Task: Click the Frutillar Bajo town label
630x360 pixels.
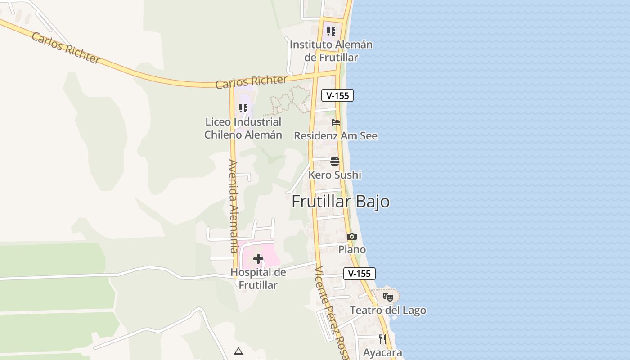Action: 341,202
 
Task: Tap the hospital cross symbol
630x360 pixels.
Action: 258,259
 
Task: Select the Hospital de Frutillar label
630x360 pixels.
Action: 258,279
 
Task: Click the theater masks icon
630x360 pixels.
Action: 387,297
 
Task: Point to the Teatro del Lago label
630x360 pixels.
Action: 388,310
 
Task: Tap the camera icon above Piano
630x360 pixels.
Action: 352,236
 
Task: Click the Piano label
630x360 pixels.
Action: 352,250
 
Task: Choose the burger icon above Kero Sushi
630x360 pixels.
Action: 335,162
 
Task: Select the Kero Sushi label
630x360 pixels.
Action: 335,175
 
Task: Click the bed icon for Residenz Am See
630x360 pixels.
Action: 336,122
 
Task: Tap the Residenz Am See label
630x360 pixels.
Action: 336,136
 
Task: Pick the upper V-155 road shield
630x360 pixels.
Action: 337,95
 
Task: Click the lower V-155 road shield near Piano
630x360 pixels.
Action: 359,273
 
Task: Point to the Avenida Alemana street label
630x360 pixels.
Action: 233,206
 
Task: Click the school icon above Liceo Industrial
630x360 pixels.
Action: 243,108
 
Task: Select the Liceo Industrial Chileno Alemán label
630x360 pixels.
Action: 243,128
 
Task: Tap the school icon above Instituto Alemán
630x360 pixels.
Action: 331,31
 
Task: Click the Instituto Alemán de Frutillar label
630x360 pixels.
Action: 331,51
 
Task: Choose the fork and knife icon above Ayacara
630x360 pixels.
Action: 382,339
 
